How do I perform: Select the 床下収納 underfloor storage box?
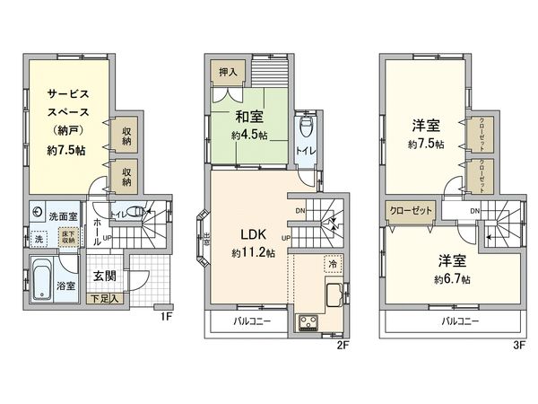click(x=68, y=239)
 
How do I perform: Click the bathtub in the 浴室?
click(x=41, y=283)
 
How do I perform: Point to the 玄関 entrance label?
click(x=103, y=276)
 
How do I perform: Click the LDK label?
click(x=252, y=236)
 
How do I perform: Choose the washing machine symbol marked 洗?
click(x=39, y=240)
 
